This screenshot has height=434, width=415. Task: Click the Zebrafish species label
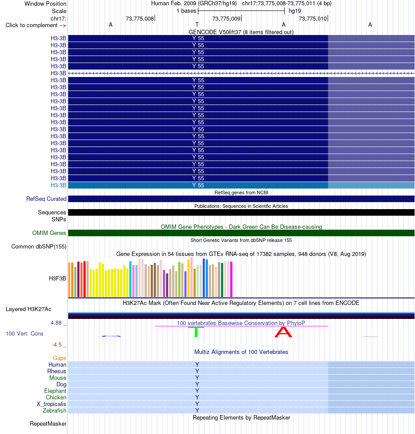[55, 410]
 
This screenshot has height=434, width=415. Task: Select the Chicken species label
[56, 397]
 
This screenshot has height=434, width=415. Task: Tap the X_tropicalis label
[52, 404]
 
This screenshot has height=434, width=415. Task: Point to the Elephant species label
[55, 391]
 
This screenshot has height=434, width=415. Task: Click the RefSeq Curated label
[46, 199]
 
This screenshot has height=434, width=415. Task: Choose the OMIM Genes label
[49, 233]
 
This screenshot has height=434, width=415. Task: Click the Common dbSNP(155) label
[39, 247]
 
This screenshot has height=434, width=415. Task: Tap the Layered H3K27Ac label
[28, 309]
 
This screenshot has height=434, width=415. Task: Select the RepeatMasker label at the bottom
[48, 424]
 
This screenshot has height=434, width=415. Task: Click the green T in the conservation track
[196, 332]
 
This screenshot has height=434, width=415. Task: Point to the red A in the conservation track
[283, 332]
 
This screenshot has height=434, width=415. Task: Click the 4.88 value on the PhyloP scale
[56, 323]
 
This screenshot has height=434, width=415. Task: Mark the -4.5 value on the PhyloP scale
[57, 345]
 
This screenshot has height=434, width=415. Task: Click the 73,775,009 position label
[226, 18]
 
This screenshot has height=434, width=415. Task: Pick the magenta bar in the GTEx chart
[231, 279]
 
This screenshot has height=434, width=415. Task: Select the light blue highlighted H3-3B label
[58, 185]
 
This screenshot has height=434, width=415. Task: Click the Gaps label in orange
[59, 358]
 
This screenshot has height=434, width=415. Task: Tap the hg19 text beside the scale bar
[295, 11]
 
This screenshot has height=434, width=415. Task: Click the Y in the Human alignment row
[197, 364]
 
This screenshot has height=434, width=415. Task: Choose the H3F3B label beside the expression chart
[58, 278]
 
